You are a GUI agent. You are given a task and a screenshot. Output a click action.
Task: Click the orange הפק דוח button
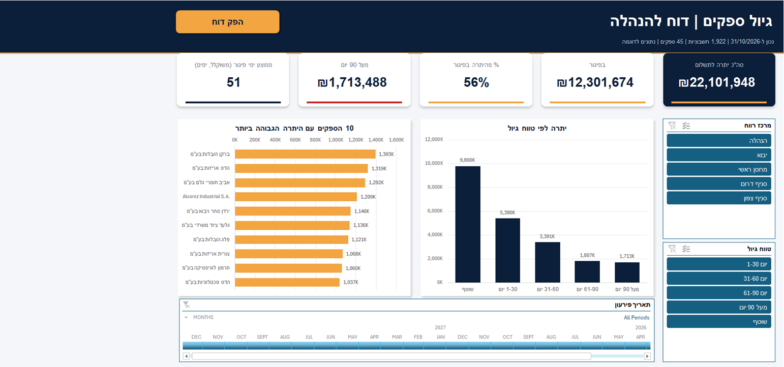(227, 22)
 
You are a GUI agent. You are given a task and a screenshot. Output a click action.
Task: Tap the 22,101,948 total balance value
(717, 82)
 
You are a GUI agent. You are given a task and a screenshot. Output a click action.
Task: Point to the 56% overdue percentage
(476, 82)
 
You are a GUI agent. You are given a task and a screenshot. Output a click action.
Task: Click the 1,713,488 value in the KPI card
(352, 82)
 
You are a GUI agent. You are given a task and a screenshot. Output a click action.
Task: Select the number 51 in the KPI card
(233, 82)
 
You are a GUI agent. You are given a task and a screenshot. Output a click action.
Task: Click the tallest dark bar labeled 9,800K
(468, 224)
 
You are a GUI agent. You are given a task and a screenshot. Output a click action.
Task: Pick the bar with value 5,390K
(507, 251)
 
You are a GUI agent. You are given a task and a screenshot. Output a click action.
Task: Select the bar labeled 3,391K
(548, 262)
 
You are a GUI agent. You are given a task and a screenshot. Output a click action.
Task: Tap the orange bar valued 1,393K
(305, 154)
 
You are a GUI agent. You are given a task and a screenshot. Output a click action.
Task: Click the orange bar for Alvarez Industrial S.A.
(296, 197)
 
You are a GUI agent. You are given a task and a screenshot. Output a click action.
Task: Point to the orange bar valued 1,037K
(287, 282)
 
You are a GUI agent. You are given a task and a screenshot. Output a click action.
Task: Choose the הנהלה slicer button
(719, 141)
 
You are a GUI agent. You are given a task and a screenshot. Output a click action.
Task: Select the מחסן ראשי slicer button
(719, 169)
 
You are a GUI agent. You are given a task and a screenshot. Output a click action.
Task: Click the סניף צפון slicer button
(719, 198)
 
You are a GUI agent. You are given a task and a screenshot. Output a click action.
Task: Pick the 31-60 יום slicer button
(719, 279)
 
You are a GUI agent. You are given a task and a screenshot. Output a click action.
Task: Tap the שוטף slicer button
(719, 322)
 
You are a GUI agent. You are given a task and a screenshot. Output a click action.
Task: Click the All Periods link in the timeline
(636, 318)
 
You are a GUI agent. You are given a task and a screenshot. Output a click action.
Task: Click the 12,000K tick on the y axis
(434, 139)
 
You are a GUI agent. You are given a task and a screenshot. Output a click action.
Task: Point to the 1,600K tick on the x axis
(396, 140)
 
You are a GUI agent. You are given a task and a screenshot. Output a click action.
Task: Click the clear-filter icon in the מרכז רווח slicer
(672, 126)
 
